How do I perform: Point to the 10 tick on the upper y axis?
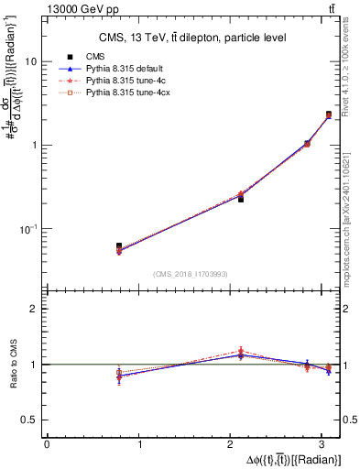pyautogui.click(x=30, y=61)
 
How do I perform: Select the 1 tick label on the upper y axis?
pyautogui.click(x=34, y=145)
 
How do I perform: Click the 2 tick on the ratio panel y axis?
pyautogui.click(x=34, y=309)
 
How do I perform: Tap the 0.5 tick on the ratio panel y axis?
pyautogui.click(x=30, y=420)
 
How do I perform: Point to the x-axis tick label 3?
pyautogui.click(x=327, y=443)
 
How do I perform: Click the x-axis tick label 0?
pyautogui.click(x=47, y=443)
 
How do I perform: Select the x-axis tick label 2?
pyautogui.click(x=234, y=443)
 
